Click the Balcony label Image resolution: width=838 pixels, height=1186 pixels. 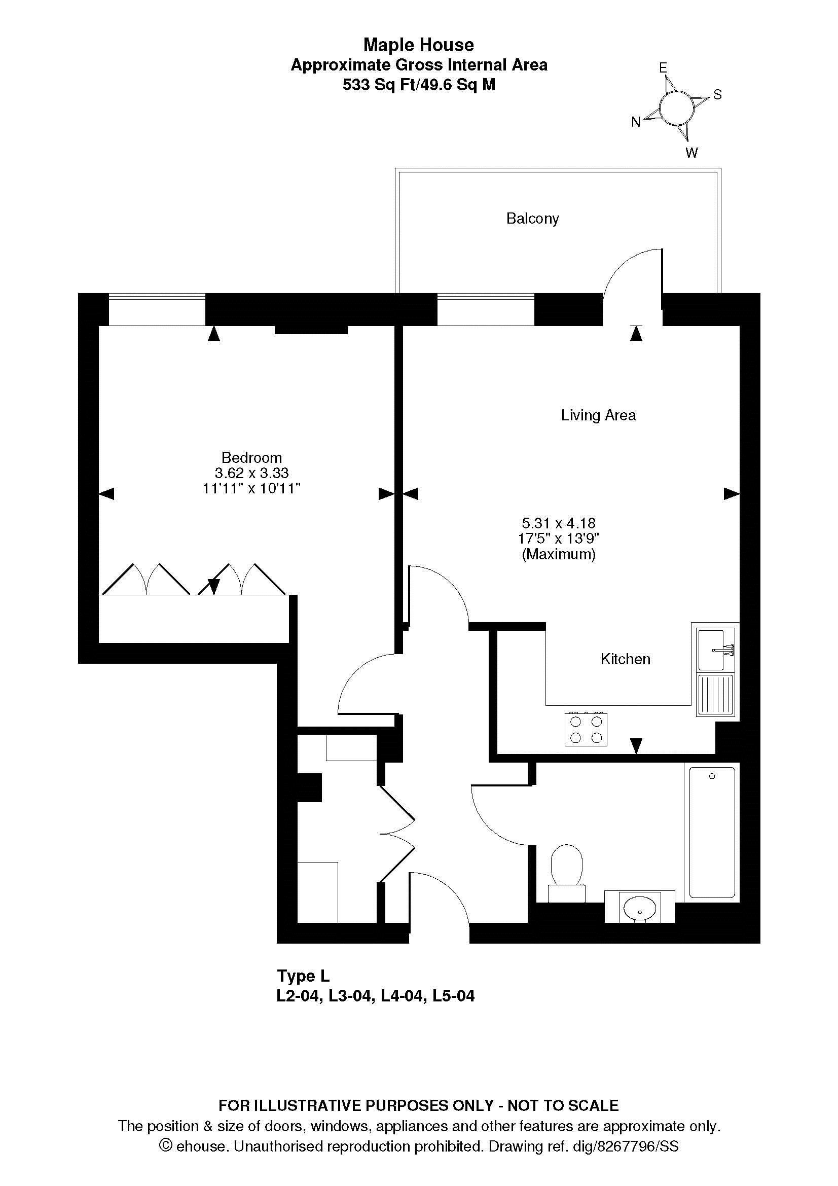click(532, 219)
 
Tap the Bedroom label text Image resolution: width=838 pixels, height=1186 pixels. click(251, 457)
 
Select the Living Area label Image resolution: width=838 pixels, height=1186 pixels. click(598, 415)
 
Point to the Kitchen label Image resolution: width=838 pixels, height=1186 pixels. click(625, 659)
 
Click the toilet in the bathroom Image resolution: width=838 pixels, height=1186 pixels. click(566, 873)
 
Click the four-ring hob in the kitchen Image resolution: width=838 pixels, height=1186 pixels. click(586, 729)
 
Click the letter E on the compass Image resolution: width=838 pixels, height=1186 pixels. click(663, 67)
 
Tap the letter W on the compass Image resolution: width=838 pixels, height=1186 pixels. click(692, 153)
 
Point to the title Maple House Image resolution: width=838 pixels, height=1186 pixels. click(419, 45)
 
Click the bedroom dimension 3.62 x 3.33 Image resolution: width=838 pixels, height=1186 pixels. click(251, 473)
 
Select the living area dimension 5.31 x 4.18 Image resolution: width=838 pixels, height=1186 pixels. click(559, 523)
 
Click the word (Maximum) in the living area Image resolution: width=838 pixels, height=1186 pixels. click(559, 554)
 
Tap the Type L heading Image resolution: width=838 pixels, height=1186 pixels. click(303, 976)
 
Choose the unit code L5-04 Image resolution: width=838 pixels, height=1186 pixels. click(453, 996)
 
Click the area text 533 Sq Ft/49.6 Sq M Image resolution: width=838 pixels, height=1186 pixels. click(419, 84)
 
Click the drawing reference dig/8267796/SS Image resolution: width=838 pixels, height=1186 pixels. click(625, 1146)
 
